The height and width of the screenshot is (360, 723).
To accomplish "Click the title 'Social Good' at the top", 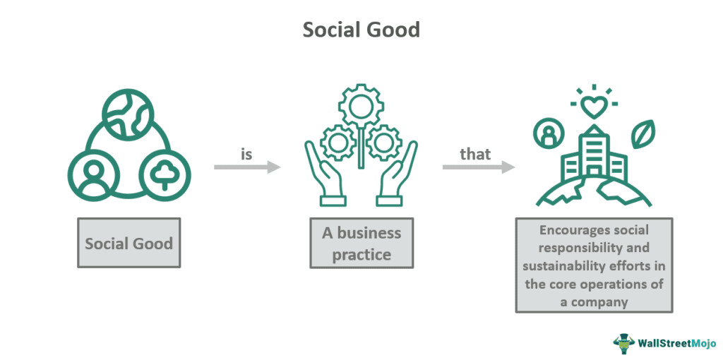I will coord(361,30).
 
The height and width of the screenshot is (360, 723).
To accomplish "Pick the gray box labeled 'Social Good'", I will coord(129,244).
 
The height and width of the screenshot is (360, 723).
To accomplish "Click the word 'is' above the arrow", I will coord(246,154).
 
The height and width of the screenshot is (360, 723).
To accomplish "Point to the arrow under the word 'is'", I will coord(247,167).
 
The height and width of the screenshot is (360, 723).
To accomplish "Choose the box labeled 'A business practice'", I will coord(361,244).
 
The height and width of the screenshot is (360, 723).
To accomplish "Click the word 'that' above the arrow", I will coord(475,154).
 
